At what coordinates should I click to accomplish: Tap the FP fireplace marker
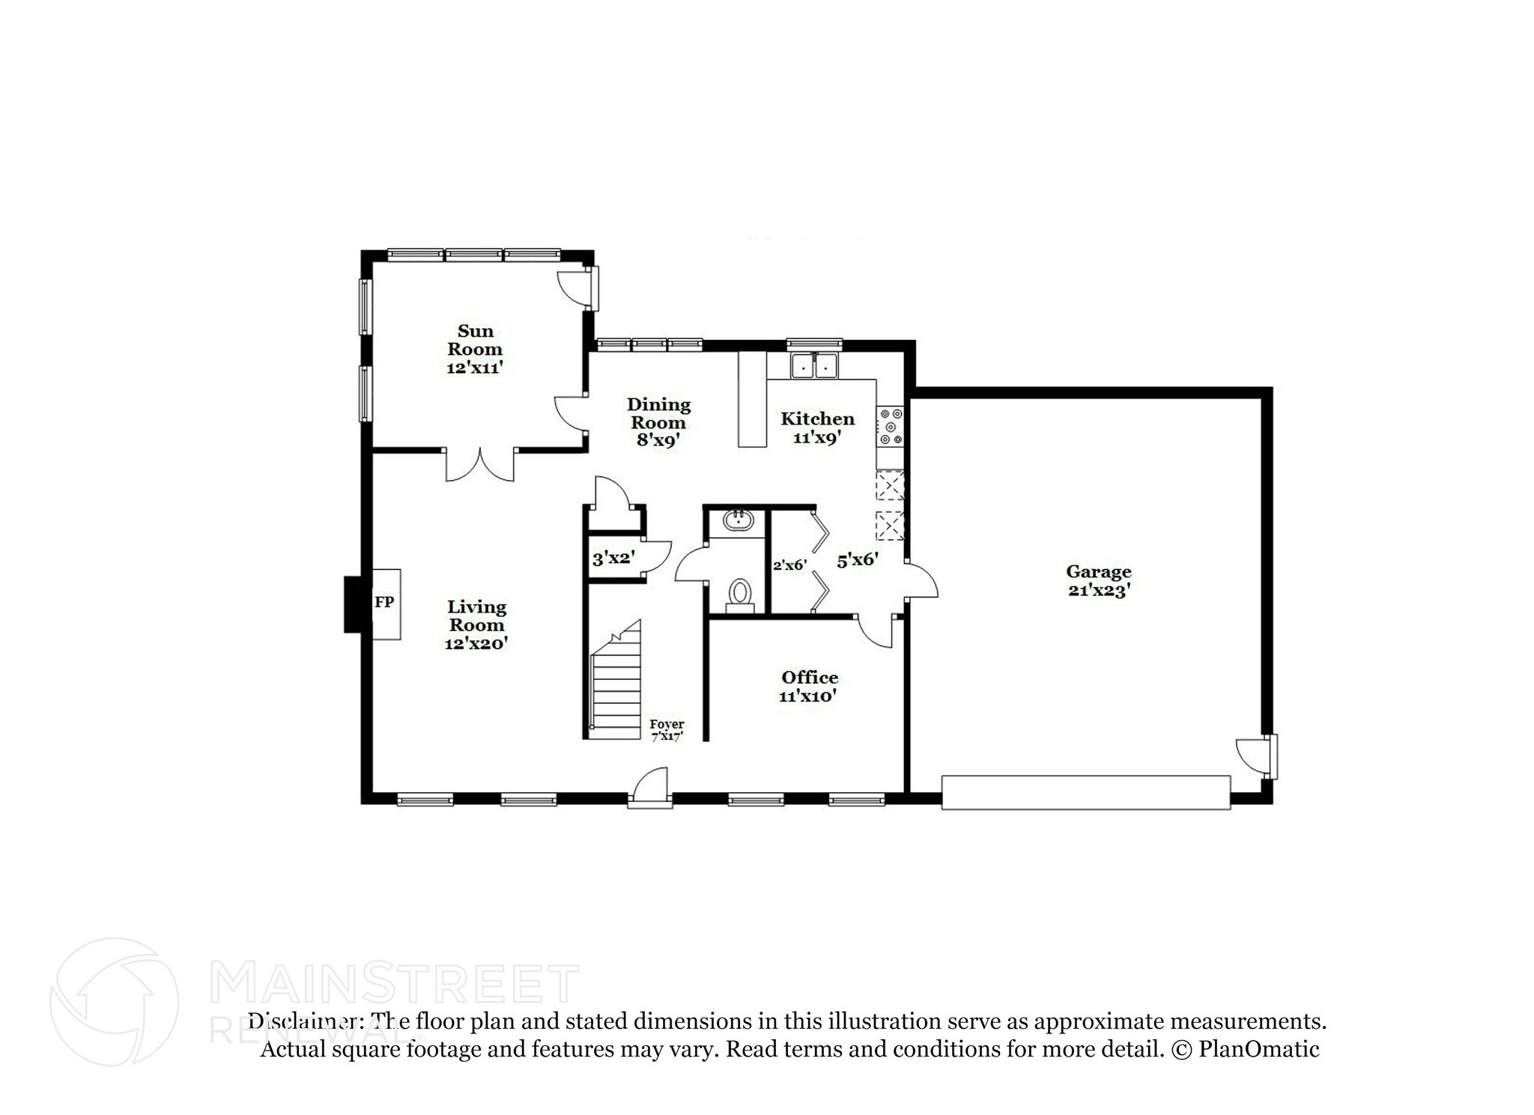pos(383,601)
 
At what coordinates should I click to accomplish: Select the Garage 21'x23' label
pos(1098,581)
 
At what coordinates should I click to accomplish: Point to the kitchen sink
pos(814,367)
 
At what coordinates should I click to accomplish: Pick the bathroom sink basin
pos(739,520)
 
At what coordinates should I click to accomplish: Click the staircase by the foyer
pos(616,685)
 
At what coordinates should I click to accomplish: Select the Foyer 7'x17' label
pos(666,729)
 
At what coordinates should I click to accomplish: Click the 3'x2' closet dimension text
pos(613,558)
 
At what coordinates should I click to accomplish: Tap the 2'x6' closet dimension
pos(789,565)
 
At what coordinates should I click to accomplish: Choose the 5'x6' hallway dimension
pos(857,559)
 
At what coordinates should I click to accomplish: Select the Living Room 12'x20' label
pos(476,625)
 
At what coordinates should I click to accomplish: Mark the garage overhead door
pos(1085,792)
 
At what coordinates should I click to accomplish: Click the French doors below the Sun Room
pos(480,464)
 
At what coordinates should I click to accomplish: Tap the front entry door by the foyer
pos(649,788)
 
